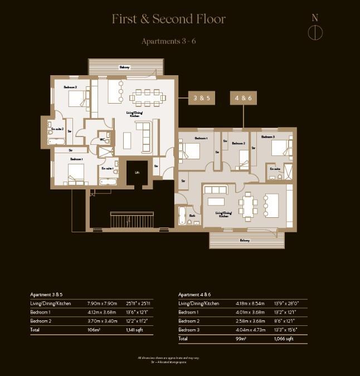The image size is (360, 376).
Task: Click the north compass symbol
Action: coord(315,32)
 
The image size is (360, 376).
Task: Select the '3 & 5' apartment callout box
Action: coord(201,98)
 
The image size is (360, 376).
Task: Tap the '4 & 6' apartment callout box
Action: coord(244,98)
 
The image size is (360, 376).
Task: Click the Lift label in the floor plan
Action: coord(137,173)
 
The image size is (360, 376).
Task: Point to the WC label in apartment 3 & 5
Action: coord(103,139)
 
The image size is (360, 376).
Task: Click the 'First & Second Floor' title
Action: coord(168,19)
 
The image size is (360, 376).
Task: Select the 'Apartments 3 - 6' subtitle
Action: coord(168,41)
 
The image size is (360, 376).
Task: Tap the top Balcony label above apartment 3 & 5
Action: coord(124,67)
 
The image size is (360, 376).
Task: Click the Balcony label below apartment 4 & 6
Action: coord(245,240)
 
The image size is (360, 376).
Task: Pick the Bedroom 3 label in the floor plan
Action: coord(268,136)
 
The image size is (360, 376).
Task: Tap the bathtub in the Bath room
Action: coord(183,215)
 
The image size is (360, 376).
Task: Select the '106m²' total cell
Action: coord(93,329)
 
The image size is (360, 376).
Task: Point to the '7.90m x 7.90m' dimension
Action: coord(101,303)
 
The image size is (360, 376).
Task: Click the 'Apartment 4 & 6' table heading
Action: coord(194,294)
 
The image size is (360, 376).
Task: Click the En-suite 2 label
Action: coord(57,129)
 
